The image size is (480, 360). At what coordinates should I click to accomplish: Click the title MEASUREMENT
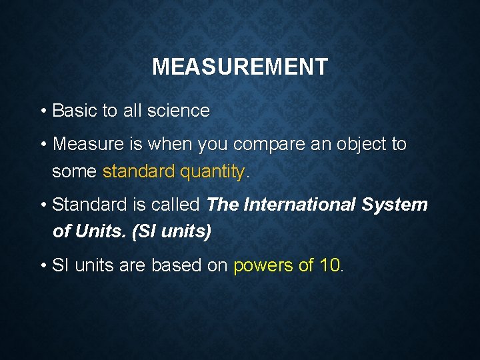pos(240,67)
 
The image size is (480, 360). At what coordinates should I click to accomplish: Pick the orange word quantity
pos(213,171)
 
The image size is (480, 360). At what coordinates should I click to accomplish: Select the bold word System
pos(395,205)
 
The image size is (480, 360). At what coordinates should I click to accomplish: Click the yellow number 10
pos(329,265)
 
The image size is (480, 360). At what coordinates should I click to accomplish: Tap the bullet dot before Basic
pos(42,111)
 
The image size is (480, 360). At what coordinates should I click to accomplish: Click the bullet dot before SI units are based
pos(42,266)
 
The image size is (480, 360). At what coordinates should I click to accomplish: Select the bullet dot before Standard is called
pos(42,205)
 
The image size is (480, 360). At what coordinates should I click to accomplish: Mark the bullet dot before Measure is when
pos(42,145)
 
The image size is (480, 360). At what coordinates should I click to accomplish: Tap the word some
pos(74,171)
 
